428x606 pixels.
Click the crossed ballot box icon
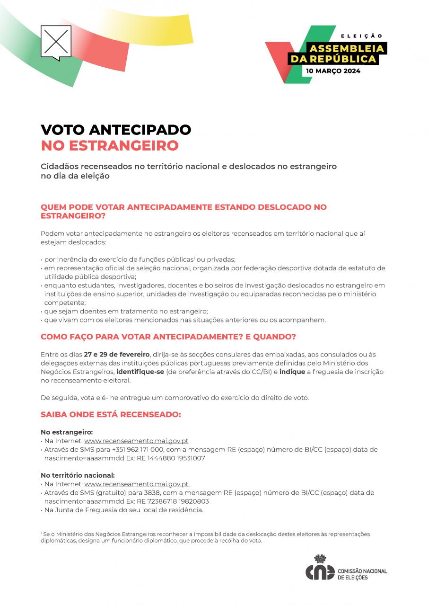click(56, 42)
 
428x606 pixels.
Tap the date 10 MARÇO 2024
click(333, 71)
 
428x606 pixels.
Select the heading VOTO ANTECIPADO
click(116, 130)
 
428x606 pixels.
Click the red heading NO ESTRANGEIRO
click(110, 145)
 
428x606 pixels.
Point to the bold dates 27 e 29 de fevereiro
click(117, 355)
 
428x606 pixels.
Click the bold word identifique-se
click(140, 372)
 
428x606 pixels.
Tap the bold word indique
click(293, 372)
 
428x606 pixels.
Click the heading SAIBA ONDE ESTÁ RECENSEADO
click(111, 414)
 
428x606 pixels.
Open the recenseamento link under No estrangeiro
click(136, 441)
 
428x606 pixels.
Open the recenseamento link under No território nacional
click(137, 484)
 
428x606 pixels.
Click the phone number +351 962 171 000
click(138, 449)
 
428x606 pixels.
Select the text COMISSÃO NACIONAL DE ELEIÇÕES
click(362, 575)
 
